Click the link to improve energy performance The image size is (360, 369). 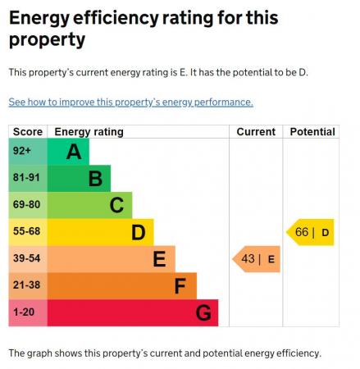point(130,102)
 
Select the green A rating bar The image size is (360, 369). point(69,152)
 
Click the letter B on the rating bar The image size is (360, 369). point(94,178)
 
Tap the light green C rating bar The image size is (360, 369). point(90,205)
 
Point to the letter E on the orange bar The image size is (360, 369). point(159,259)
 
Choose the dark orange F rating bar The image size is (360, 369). point(123,286)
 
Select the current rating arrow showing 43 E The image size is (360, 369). point(257,259)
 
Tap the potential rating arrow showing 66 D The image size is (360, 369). point(311,232)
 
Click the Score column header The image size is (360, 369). point(27,132)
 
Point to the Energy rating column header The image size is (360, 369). point(89,132)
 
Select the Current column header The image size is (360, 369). point(256,132)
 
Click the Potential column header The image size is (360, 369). point(312,132)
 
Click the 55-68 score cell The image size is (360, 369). point(27,232)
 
